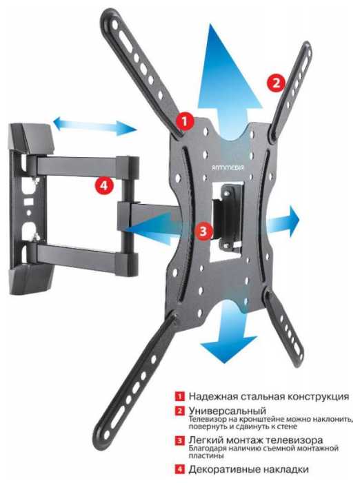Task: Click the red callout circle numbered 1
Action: click(185, 121)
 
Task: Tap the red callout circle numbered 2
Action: click(276, 83)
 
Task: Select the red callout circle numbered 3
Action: click(203, 231)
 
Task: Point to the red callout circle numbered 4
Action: click(105, 185)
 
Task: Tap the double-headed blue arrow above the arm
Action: click(95, 125)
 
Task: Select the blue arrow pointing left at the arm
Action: click(154, 229)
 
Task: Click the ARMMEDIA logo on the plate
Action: click(228, 167)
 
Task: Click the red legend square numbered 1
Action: click(180, 395)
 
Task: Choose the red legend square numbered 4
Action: click(180, 469)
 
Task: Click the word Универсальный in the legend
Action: click(227, 411)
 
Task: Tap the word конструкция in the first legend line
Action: click(319, 396)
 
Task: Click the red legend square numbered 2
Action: click(180, 411)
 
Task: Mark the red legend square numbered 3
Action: click(180, 440)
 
